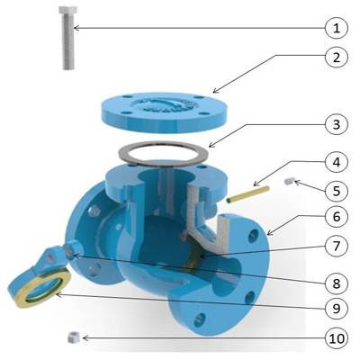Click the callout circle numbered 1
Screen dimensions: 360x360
(337, 29)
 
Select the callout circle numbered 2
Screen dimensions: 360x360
(337, 57)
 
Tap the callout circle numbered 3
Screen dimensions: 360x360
(337, 124)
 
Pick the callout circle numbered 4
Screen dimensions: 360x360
(337, 162)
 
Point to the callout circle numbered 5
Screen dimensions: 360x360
(337, 191)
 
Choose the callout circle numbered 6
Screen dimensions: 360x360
(337, 217)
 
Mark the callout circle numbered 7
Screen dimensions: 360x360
(337, 246)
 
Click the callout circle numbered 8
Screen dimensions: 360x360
(337, 283)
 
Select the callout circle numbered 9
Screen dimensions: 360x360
(337, 308)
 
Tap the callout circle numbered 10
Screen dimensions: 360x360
(337, 338)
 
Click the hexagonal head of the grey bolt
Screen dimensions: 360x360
(67, 11)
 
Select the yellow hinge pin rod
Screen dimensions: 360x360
(247, 194)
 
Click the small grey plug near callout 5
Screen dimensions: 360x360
(289, 181)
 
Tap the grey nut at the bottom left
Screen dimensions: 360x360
(75, 337)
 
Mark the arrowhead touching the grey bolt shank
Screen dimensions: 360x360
(76, 28)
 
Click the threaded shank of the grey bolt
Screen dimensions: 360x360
(68, 42)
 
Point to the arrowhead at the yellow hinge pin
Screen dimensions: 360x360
(256, 184)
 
